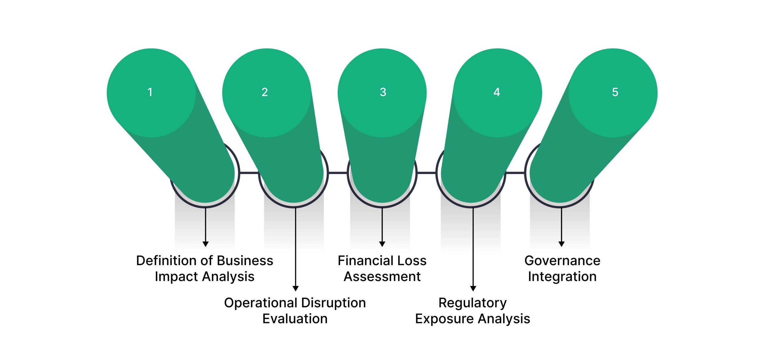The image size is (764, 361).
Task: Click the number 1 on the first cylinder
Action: coord(150,92)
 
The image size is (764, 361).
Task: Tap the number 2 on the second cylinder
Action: coord(265,92)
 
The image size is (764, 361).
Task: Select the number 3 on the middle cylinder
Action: coord(383,92)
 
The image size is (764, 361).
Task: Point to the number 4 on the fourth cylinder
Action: coord(497,92)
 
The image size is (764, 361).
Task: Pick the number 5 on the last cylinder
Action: coord(615,92)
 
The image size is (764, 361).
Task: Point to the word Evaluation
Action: coord(295,319)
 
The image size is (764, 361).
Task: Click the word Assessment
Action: coord(382,277)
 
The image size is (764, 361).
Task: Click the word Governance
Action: coord(562,261)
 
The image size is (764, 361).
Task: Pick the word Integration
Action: coord(562,277)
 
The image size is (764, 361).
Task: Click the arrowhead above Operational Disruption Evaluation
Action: coord(295,288)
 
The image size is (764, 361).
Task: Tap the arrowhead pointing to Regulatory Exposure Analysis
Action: coord(473,288)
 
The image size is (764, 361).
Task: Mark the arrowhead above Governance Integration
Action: coord(561,244)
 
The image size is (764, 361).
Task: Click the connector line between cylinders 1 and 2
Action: coord(249,172)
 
